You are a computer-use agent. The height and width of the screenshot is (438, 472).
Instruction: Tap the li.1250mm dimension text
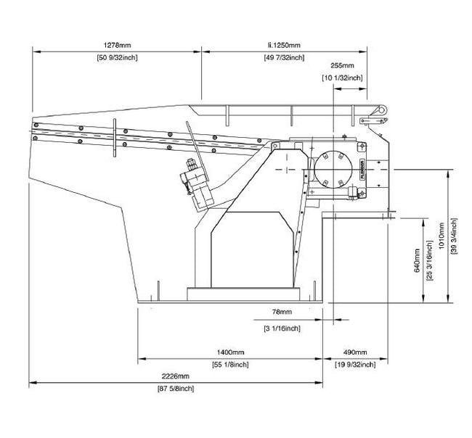(x=284, y=45)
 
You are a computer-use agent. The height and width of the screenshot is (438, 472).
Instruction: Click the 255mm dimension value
(x=342, y=66)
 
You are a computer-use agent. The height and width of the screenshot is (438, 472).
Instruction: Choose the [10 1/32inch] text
(x=342, y=78)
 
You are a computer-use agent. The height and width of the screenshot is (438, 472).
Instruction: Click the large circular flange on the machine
(x=334, y=171)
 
